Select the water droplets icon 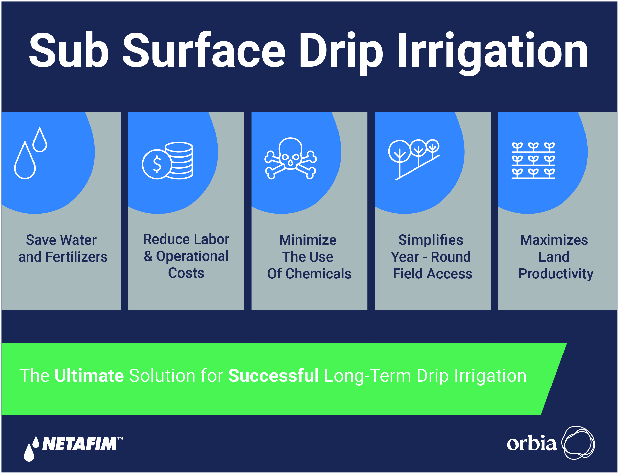[30, 153]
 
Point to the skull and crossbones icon [290, 159]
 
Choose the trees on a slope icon [414, 160]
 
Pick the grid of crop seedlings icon [534, 161]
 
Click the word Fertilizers [76, 257]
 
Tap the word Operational [193, 256]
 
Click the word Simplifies [431, 240]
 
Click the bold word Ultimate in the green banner [89, 376]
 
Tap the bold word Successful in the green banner [273, 376]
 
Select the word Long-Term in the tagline [368, 376]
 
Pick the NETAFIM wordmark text [80, 444]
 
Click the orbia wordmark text [532, 444]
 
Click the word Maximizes [554, 240]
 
